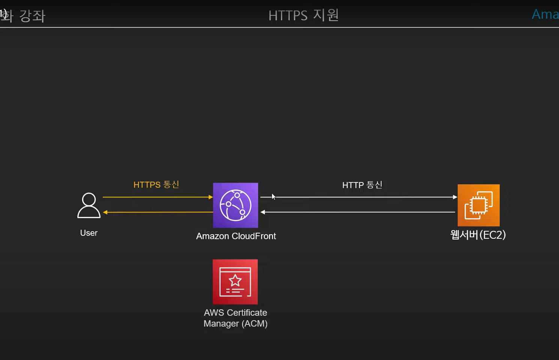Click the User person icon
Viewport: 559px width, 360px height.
click(89, 205)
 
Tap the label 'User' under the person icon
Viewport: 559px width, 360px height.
click(89, 233)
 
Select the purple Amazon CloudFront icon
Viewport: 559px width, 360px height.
click(236, 205)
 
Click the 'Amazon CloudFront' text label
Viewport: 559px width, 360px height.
click(236, 236)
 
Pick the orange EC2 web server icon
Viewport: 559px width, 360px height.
click(478, 205)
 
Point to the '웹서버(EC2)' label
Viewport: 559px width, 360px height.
click(478, 235)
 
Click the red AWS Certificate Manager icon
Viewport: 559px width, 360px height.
click(235, 282)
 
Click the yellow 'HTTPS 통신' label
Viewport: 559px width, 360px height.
click(156, 185)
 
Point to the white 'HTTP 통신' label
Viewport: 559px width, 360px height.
click(362, 185)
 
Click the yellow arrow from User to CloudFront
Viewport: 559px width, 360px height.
click(158, 197)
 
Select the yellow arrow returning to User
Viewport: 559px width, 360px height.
click(158, 212)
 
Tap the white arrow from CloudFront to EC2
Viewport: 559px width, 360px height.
click(360, 197)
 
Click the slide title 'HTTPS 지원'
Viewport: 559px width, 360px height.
click(304, 15)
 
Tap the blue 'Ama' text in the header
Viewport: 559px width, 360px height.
click(545, 14)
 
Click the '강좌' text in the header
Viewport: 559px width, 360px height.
click(32, 16)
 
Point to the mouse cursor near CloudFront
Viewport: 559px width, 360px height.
click(273, 196)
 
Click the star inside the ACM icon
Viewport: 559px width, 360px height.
click(235, 280)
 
